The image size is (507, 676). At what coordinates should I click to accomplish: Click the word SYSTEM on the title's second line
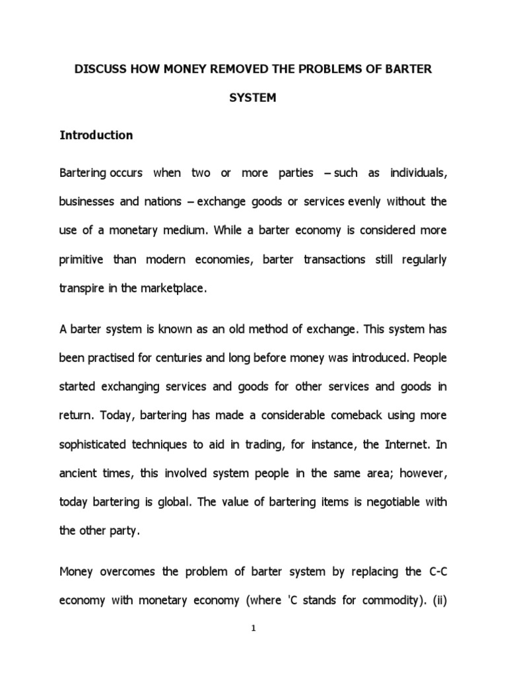253,98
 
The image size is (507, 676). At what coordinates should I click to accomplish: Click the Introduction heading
96,135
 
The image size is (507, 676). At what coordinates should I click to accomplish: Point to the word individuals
417,173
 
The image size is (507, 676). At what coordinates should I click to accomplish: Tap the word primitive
82,259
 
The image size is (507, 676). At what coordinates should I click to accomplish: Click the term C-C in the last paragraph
436,572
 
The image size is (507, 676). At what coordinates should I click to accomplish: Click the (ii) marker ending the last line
438,601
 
